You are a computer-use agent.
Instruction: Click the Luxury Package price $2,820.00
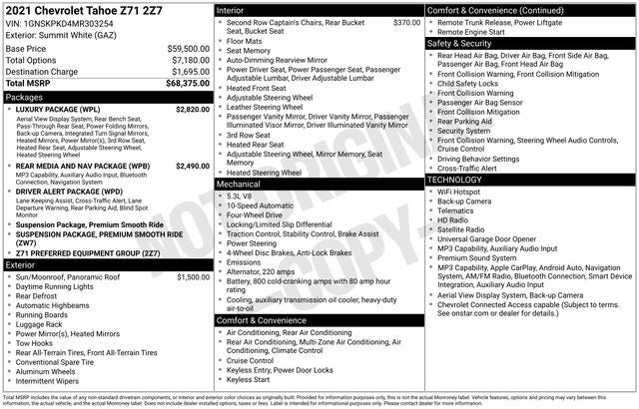tap(192, 109)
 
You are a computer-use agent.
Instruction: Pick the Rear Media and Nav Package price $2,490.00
tap(192, 166)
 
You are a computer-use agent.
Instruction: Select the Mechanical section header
tap(239, 185)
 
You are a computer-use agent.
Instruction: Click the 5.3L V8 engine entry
tap(239, 197)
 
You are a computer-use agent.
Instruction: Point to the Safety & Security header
tap(462, 44)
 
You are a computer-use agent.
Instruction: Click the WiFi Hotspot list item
tap(458, 191)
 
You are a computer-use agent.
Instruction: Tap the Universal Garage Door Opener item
tap(486, 239)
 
